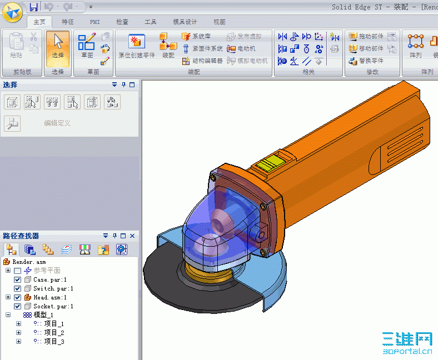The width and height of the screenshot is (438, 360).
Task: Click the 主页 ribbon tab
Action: (39, 22)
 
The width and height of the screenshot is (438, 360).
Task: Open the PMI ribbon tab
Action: (95, 22)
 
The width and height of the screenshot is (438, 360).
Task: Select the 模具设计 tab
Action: (185, 22)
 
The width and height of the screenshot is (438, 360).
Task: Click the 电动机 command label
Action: (246, 48)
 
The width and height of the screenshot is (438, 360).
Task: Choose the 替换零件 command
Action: (371, 61)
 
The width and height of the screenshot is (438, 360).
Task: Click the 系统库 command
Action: (201, 36)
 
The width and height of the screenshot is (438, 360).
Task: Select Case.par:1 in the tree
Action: (49, 279)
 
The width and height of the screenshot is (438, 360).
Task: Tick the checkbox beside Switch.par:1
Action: (18, 288)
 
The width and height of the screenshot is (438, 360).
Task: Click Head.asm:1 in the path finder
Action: (49, 297)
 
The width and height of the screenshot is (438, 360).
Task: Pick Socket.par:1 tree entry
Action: (53, 306)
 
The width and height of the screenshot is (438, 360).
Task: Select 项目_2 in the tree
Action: (54, 332)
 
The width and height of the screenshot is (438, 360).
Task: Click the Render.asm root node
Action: (29, 262)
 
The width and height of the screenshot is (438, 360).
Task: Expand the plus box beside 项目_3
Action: (18, 341)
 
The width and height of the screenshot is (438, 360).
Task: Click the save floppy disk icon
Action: (33, 7)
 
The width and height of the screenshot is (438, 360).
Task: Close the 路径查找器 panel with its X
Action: (132, 236)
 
